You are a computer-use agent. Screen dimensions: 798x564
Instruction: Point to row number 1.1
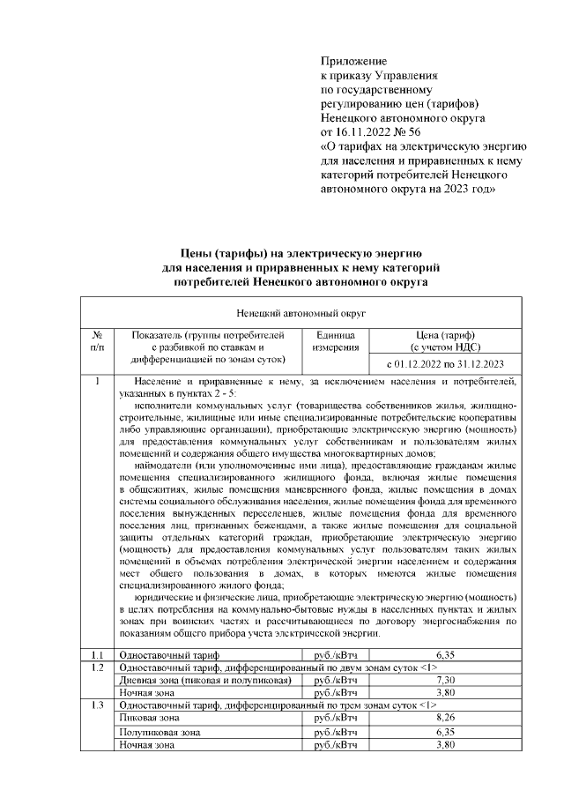click(97, 655)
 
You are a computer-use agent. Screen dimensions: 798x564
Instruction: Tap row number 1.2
click(97, 667)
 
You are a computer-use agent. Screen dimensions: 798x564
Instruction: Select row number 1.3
click(97, 705)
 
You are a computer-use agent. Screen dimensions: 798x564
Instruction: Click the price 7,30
click(445, 680)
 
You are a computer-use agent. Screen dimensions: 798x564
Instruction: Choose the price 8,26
click(445, 718)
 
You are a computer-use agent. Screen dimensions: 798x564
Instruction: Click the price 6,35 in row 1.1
click(445, 655)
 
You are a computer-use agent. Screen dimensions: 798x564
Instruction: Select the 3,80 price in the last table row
click(445, 745)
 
